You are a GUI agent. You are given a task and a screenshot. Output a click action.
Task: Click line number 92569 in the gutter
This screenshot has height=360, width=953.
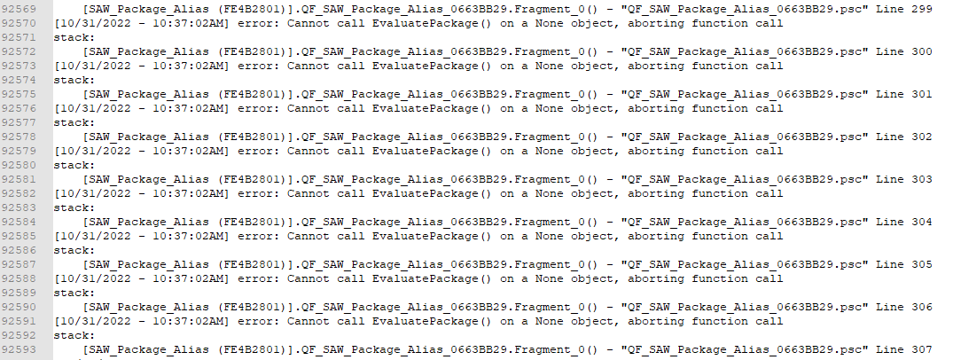(x=19, y=9)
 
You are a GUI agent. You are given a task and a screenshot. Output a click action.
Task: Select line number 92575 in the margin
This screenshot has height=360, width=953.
(x=19, y=94)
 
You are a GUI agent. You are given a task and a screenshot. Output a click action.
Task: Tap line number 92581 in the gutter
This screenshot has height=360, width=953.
(x=19, y=179)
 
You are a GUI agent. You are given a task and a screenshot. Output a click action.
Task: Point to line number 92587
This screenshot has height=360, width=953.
(x=19, y=264)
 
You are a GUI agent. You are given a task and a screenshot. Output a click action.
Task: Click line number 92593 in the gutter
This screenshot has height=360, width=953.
(x=19, y=349)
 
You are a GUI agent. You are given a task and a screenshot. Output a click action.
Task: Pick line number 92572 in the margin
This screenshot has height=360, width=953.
(x=19, y=51)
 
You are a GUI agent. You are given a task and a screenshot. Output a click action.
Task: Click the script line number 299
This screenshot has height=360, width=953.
(x=922, y=9)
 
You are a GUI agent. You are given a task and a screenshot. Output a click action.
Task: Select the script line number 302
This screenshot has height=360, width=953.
(x=922, y=137)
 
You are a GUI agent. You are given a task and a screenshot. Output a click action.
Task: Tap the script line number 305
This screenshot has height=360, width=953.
(x=922, y=264)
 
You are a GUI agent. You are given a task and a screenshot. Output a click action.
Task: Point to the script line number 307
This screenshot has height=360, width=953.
(x=922, y=349)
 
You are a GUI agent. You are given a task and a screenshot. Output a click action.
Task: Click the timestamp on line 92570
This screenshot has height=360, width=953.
(x=142, y=24)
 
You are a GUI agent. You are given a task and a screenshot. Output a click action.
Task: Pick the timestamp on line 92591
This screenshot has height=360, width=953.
(x=142, y=322)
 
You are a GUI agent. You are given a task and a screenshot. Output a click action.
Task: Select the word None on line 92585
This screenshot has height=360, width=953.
(x=549, y=237)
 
